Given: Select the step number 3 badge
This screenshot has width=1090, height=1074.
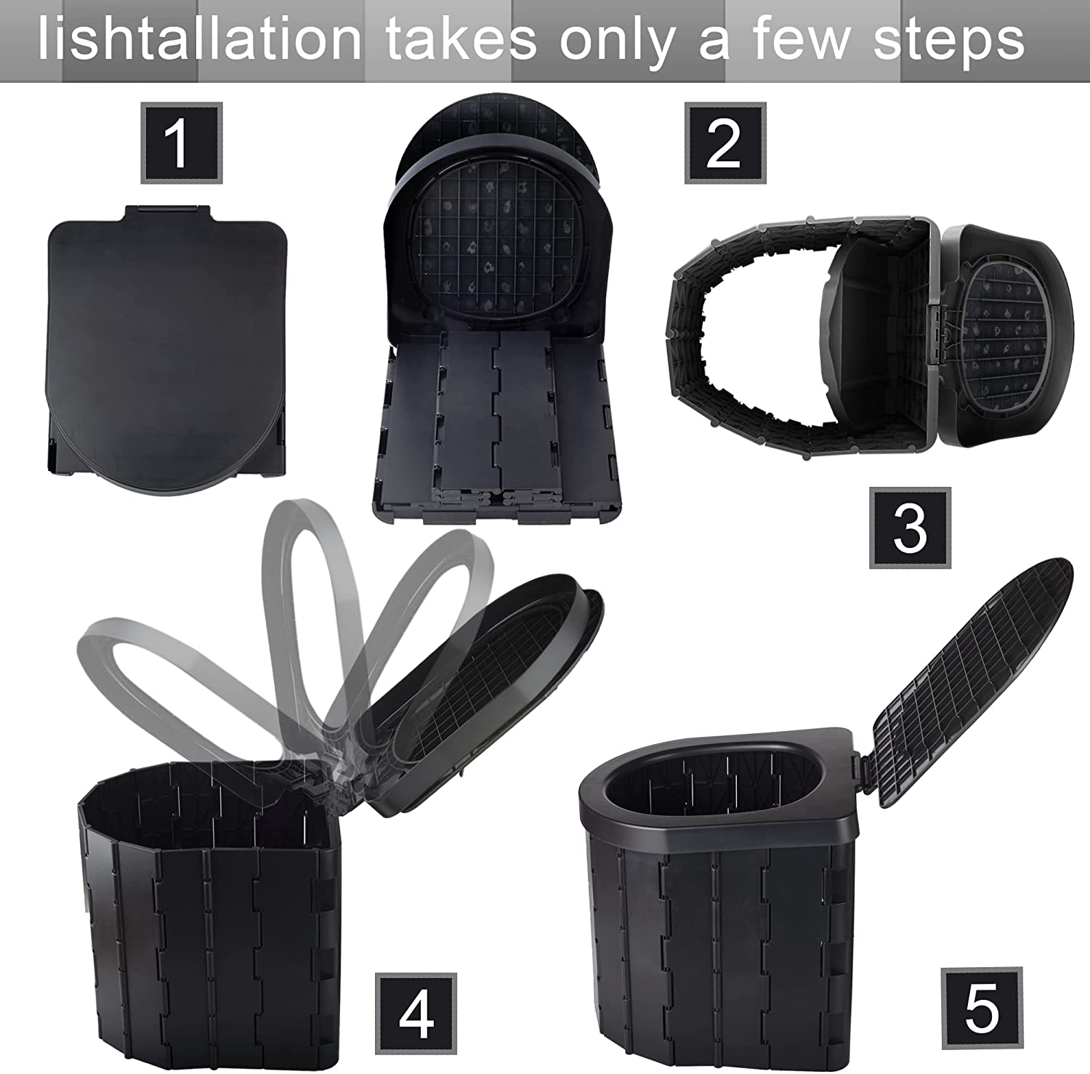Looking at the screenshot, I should tap(910, 528).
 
